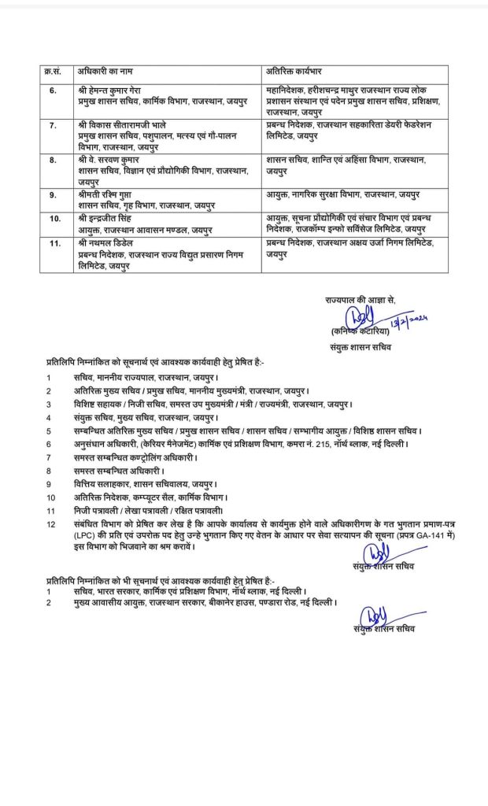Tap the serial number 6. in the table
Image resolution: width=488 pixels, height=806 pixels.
point(53,92)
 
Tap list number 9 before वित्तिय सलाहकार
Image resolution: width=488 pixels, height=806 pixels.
point(48,484)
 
